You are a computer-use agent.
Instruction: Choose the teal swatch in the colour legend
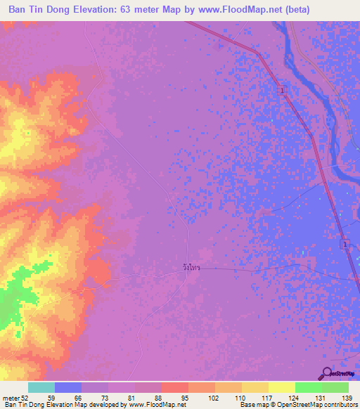click(41, 387)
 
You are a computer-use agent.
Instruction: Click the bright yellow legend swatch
click(281, 387)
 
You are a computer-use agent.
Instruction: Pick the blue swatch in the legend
click(68, 387)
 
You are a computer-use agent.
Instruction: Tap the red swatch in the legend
click(175, 387)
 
